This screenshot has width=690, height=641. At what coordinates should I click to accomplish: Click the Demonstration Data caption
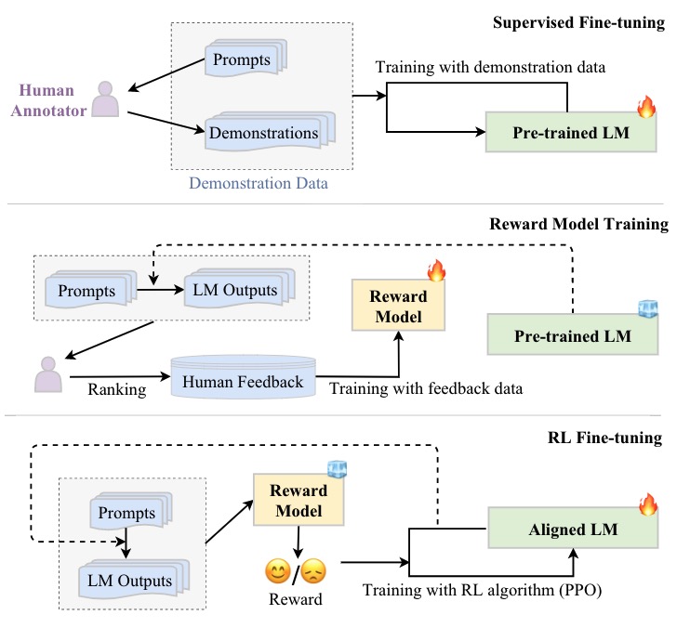pyautogui.click(x=259, y=182)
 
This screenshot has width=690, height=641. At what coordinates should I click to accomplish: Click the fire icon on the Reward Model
pyautogui.click(x=436, y=271)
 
